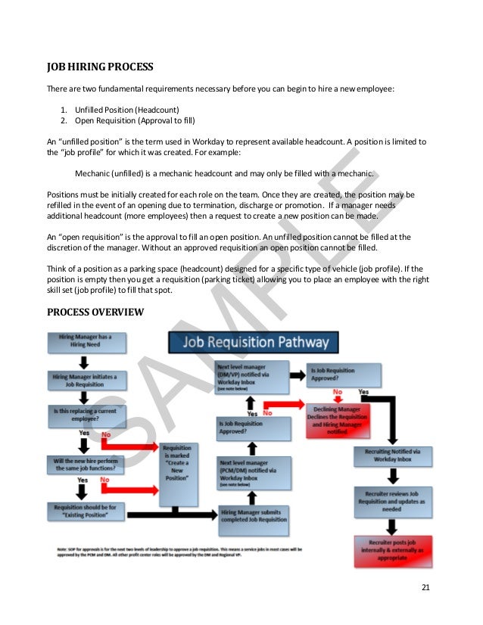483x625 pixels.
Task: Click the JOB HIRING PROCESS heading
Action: click(100, 67)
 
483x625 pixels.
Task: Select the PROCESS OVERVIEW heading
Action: click(95, 312)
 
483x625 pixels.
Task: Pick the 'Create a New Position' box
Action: click(177, 464)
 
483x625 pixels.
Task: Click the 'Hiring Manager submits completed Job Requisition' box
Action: click(254, 516)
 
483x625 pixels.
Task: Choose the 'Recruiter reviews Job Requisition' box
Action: click(391, 501)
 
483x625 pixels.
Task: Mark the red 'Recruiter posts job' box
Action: click(391, 551)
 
